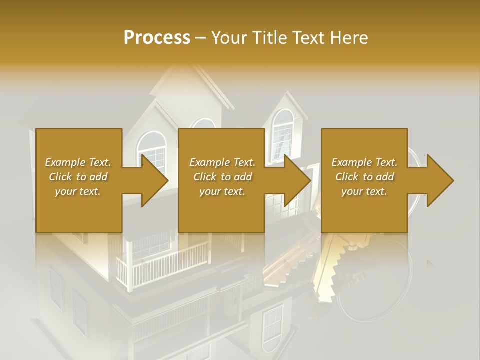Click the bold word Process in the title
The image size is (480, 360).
[x=157, y=37]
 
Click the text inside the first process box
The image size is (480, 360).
[x=78, y=177]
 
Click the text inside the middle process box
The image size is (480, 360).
[x=222, y=177]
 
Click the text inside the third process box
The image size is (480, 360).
[x=364, y=177]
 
